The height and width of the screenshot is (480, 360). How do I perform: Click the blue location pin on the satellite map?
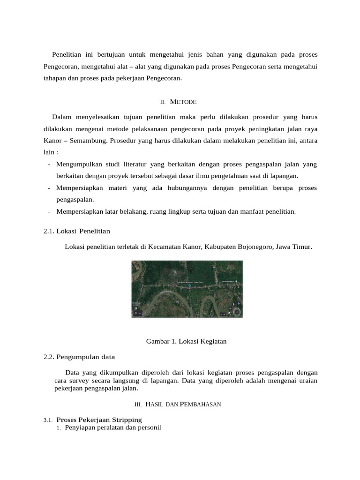pyautogui.click(x=189, y=285)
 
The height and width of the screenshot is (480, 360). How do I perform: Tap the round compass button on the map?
pyautogui.click(x=237, y=311)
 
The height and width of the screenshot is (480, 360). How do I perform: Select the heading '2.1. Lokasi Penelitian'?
pyautogui.click(x=76, y=231)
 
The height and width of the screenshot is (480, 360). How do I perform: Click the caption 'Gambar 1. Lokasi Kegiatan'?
pyautogui.click(x=187, y=341)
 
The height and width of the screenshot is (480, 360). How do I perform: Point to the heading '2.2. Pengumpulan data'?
pyautogui.click(x=79, y=357)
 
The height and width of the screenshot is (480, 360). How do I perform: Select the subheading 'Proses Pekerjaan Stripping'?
pyautogui.click(x=99, y=419)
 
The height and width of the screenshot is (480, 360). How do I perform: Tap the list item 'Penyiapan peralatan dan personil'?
pyautogui.click(x=112, y=427)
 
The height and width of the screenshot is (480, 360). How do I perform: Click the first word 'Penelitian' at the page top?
pyautogui.click(x=67, y=55)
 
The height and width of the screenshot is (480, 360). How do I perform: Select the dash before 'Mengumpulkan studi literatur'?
pyautogui.click(x=49, y=164)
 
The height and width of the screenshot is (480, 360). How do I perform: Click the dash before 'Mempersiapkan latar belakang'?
pyautogui.click(x=49, y=211)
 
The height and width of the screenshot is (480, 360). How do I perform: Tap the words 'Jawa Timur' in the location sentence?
pyautogui.click(x=294, y=246)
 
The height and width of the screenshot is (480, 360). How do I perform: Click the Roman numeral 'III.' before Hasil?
pyautogui.click(x=138, y=404)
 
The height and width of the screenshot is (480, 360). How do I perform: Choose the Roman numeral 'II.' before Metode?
pyautogui.click(x=163, y=102)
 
